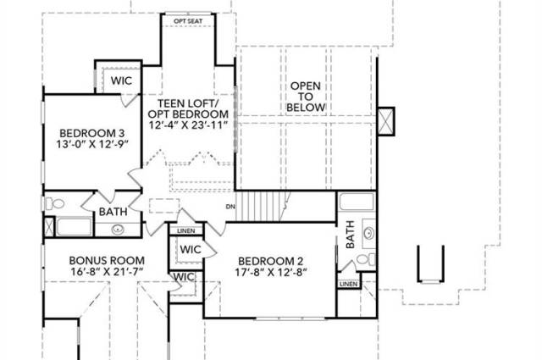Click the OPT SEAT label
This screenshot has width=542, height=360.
pyautogui.click(x=188, y=21)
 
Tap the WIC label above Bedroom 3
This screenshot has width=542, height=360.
pyautogui.click(x=121, y=80)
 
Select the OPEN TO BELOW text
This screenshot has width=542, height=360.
pyautogui.click(x=306, y=97)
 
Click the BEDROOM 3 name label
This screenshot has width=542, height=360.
pyautogui.click(x=92, y=133)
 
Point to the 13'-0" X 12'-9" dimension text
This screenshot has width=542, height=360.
pyautogui.click(x=92, y=144)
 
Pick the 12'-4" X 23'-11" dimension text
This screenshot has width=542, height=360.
pyautogui.click(x=188, y=125)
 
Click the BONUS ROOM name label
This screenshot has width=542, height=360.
pyautogui.click(x=107, y=260)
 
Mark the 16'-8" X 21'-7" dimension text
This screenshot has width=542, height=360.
pyautogui.click(x=107, y=271)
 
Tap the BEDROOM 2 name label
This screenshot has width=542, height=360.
pyautogui.click(x=271, y=261)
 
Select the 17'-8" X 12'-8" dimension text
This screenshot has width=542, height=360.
pyautogui.click(x=271, y=272)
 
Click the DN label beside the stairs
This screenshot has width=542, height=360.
pyautogui.click(x=230, y=207)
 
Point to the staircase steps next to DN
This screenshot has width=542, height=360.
pyautogui.click(x=262, y=206)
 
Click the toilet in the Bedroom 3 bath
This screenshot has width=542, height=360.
pyautogui.click(x=54, y=203)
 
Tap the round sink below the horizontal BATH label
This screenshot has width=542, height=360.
pyautogui.click(x=119, y=229)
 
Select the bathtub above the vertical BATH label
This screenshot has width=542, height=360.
pyautogui.click(x=357, y=202)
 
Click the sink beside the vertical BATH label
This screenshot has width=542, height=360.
pyautogui.click(x=368, y=233)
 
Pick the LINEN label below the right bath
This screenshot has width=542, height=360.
pyautogui.click(x=348, y=284)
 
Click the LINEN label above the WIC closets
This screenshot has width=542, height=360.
pyautogui.click(x=186, y=230)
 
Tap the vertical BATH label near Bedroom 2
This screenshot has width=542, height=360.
pyautogui.click(x=350, y=235)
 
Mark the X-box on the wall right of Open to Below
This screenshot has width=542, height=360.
pyautogui.click(x=386, y=121)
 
